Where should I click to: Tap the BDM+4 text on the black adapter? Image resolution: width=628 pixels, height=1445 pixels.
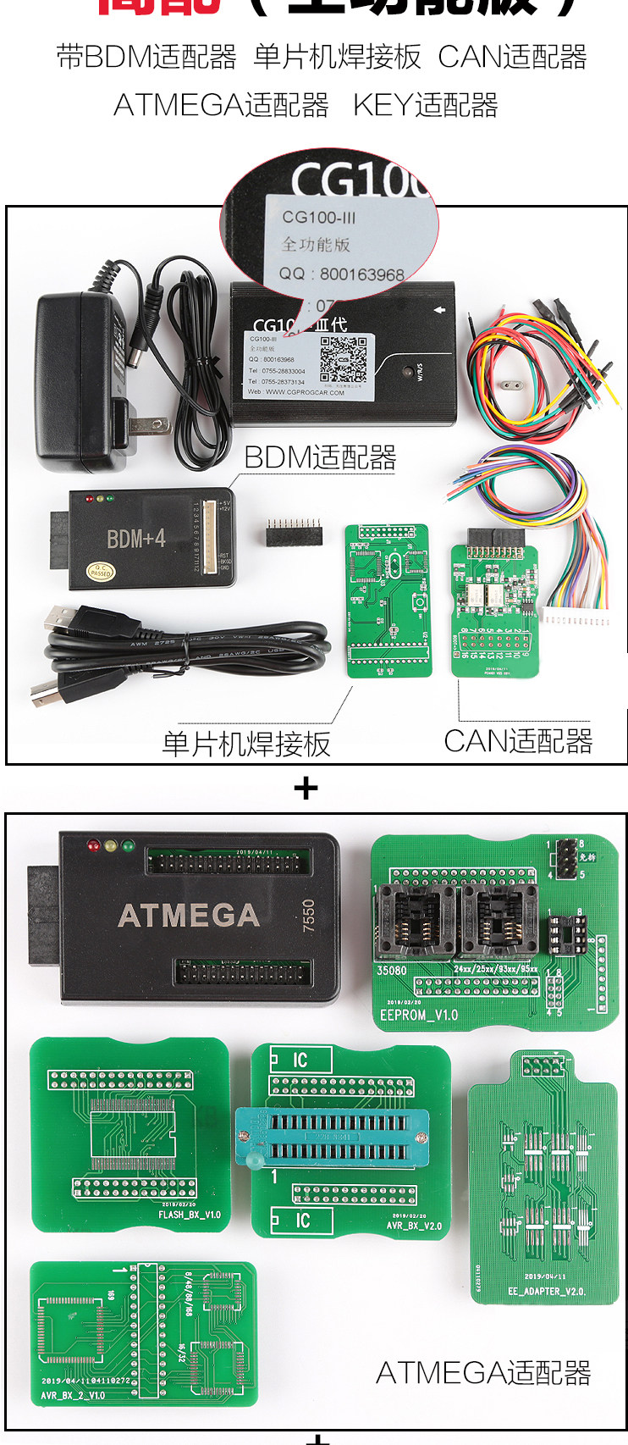click(x=135, y=538)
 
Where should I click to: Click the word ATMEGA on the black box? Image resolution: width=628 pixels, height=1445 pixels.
click(x=188, y=915)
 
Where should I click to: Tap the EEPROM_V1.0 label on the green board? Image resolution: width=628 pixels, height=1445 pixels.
click(x=418, y=1014)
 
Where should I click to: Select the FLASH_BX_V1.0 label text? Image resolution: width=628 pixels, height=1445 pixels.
click(x=189, y=1215)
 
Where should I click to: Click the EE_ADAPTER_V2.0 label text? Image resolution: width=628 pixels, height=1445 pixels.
click(x=546, y=1291)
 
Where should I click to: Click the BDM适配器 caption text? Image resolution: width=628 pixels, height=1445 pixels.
click(x=320, y=458)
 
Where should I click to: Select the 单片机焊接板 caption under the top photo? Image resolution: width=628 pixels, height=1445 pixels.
click(x=245, y=744)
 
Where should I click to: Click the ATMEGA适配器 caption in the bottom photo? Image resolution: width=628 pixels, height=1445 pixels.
click(x=482, y=1372)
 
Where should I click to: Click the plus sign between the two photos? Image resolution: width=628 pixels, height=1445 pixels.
click(x=306, y=789)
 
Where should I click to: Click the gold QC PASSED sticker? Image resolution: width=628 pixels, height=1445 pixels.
click(x=101, y=571)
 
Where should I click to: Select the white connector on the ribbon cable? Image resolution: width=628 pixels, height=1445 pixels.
click(x=576, y=621)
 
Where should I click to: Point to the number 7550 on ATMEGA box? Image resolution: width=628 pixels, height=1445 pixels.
click(x=308, y=916)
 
